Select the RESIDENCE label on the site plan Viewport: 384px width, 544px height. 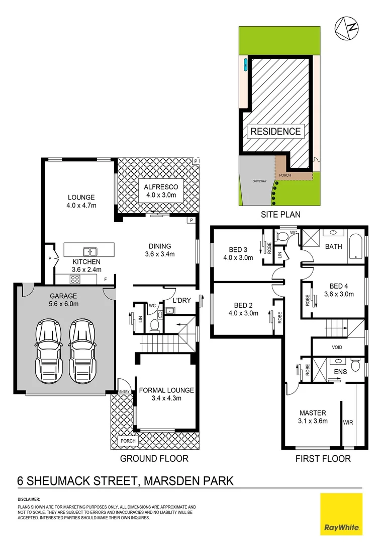275,131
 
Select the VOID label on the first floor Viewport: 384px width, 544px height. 337,348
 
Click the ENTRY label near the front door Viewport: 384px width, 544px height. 124,392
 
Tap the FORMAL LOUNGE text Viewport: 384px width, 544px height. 166,390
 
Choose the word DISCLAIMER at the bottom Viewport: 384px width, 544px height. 29,499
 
